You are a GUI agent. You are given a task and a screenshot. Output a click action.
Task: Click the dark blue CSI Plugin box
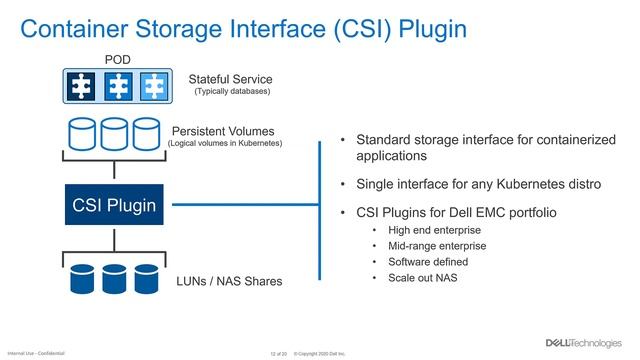pyautogui.click(x=114, y=206)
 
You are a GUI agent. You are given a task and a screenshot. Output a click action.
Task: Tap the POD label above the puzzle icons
pyautogui.click(x=117, y=60)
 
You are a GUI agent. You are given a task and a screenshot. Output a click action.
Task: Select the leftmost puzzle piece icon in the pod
pyautogui.click(x=83, y=86)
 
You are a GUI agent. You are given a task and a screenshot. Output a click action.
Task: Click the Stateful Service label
pyautogui.click(x=230, y=78)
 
